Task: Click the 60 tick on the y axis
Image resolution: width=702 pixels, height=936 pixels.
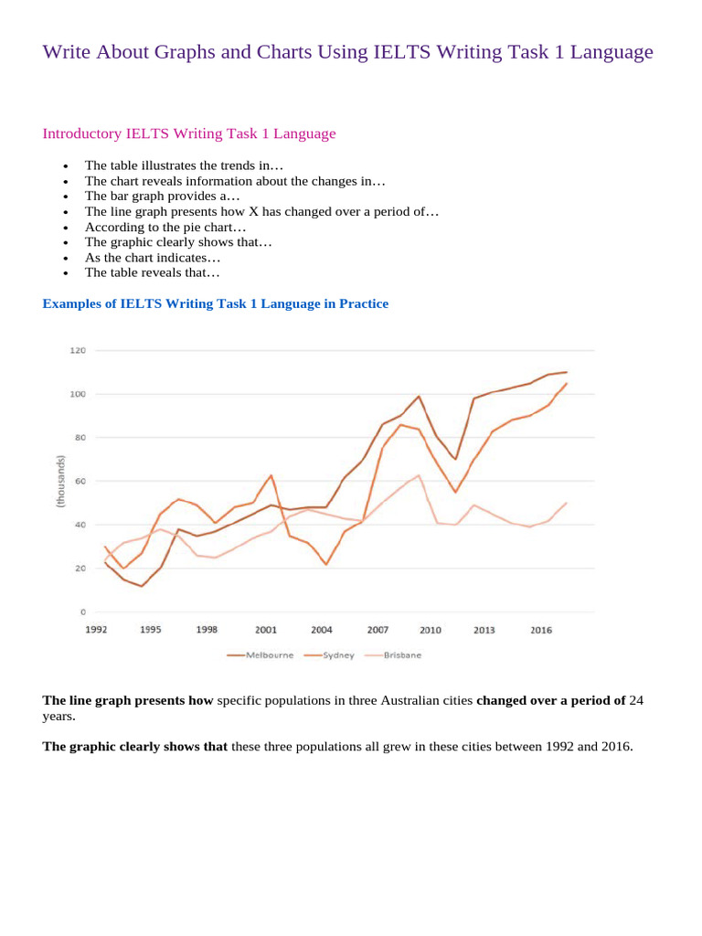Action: [x=80, y=481]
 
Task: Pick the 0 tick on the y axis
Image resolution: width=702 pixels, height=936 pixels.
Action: [x=81, y=612]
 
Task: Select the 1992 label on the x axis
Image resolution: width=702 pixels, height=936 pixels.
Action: [x=97, y=630]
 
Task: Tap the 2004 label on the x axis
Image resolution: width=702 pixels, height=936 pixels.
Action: [x=321, y=630]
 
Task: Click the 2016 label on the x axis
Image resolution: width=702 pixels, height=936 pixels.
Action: [x=541, y=630]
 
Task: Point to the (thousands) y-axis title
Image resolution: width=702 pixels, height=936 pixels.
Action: [x=61, y=481]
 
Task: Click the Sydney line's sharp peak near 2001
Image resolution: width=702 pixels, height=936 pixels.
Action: [x=271, y=475]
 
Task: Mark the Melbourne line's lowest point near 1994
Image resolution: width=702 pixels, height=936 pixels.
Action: [x=141, y=586]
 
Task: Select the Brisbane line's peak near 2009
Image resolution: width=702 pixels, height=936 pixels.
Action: [x=419, y=475]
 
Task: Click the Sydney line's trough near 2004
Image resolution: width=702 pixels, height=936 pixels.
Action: [x=326, y=564]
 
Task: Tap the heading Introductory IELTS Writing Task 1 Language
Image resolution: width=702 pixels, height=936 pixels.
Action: [x=189, y=133]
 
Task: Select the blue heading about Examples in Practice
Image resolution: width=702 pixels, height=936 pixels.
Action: [x=216, y=303]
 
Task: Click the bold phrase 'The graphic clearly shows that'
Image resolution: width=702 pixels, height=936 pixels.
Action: [x=135, y=747]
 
